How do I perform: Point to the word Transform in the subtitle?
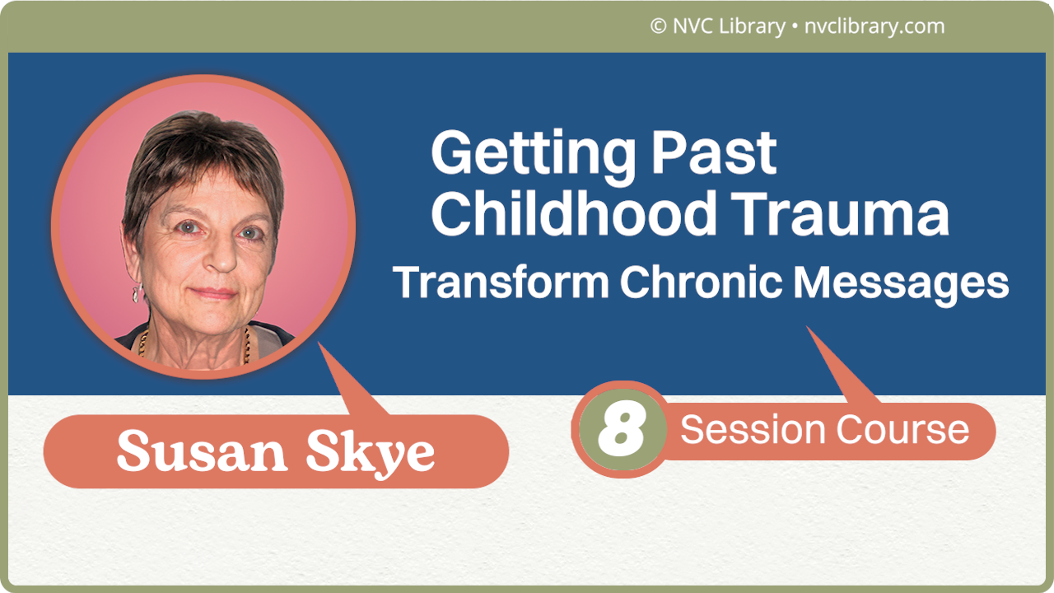point(501,282)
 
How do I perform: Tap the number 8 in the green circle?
point(620,430)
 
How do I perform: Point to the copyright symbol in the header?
point(658,26)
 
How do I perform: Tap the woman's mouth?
point(215,293)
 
